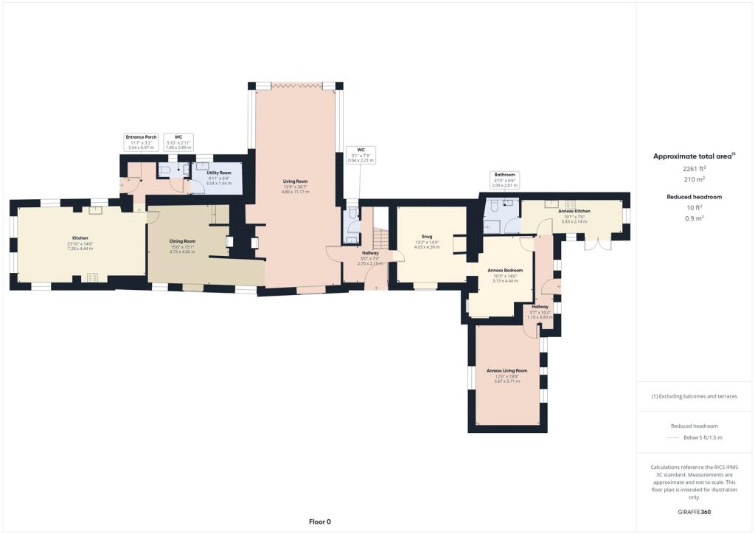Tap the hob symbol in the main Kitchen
coord(93,277)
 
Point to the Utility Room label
coord(219,172)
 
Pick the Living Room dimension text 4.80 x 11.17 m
coord(295,192)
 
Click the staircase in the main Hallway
coord(380,237)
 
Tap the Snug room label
coord(427,236)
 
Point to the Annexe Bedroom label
coord(505,271)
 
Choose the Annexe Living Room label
coord(507,370)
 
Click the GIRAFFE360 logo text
coord(695,511)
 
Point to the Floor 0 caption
coord(319,521)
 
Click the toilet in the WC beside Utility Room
coord(166,170)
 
